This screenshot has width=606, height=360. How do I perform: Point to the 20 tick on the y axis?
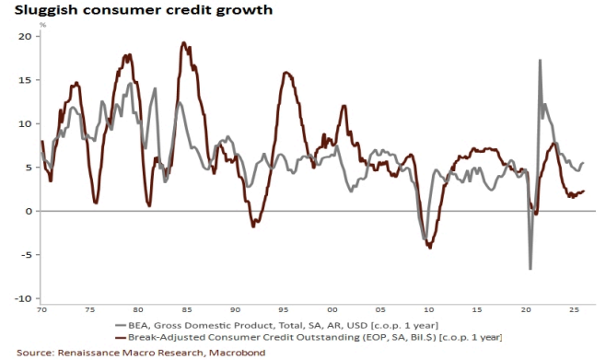[24, 36]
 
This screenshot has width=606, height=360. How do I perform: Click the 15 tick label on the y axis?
[24, 80]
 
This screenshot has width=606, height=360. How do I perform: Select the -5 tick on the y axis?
[25, 255]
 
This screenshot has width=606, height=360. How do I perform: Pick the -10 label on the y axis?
[22, 298]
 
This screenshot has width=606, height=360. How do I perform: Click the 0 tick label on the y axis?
[28, 211]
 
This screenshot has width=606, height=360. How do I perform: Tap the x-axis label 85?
[186, 309]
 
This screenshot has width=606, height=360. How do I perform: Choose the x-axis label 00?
[332, 309]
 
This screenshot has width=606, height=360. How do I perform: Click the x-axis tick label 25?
[574, 309]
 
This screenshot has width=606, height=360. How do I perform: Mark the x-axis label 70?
[41, 309]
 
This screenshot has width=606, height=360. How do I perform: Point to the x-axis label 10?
[428, 309]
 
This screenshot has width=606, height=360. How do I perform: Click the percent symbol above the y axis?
[42, 25]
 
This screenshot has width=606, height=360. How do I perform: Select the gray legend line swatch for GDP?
[121, 326]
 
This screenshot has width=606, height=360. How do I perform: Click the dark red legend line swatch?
[121, 337]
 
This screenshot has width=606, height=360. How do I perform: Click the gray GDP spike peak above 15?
[540, 60]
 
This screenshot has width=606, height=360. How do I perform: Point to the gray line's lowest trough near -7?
[530, 269]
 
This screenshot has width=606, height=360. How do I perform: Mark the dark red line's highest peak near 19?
[183, 43]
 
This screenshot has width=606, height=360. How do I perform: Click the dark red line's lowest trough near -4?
[430, 247]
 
